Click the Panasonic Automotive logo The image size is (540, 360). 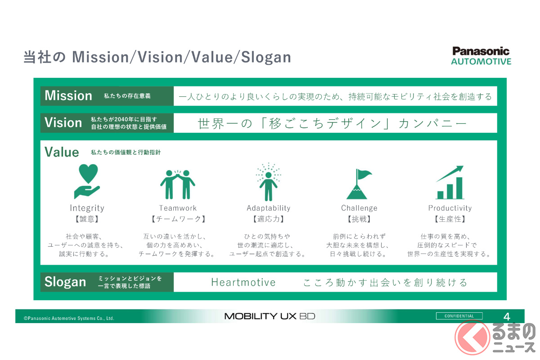click(x=481, y=56)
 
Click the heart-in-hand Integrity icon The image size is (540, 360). click(x=87, y=181)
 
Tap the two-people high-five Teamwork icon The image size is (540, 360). click(x=178, y=184)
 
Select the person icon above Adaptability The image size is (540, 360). click(x=268, y=186)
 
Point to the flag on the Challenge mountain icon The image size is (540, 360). click(x=364, y=174)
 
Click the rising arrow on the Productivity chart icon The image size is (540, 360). click(x=450, y=173)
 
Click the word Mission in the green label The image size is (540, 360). click(x=68, y=96)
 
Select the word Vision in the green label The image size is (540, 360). click(x=63, y=122)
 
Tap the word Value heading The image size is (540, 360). click(x=62, y=152)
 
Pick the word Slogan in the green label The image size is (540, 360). click(x=65, y=282)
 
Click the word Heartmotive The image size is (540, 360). click(x=243, y=282)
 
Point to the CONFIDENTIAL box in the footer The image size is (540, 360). click(x=459, y=316)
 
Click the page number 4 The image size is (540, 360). click(x=507, y=317)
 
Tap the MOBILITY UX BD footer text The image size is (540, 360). click(x=270, y=316)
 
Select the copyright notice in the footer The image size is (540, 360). click(x=69, y=318)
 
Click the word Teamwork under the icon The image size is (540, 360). click(x=178, y=208)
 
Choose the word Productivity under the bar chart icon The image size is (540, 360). click(x=450, y=208)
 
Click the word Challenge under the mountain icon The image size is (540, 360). click(x=359, y=208)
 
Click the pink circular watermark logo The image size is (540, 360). click(x=472, y=337)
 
